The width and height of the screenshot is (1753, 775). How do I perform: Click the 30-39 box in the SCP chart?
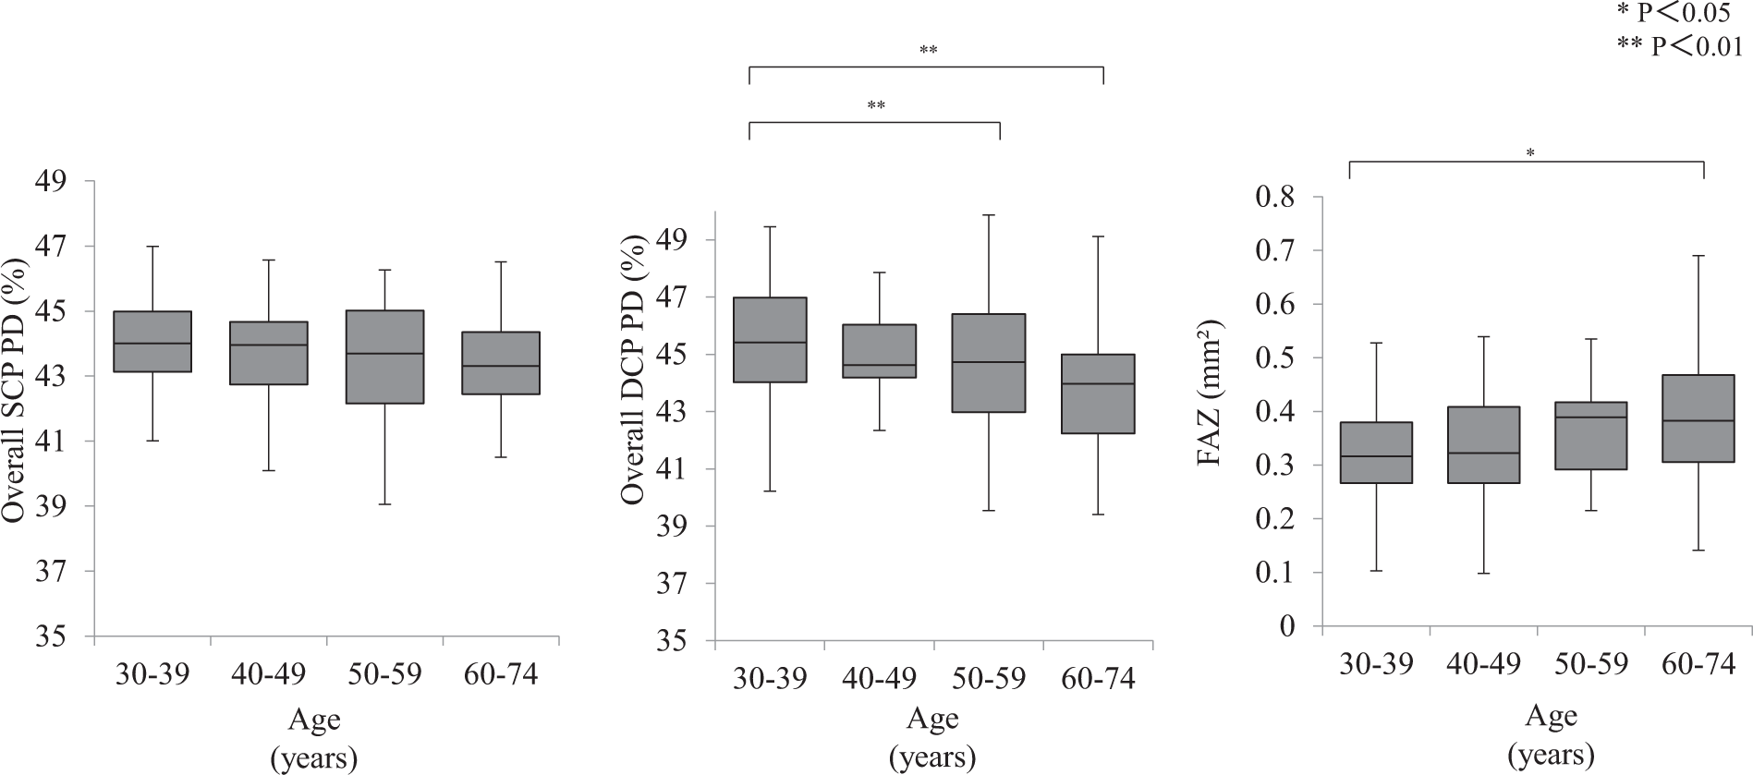coord(152,342)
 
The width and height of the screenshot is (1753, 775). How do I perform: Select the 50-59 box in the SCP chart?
coord(385,357)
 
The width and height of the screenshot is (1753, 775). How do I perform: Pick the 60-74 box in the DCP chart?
coord(1098,394)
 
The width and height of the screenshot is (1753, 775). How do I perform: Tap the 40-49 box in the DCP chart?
coord(879,351)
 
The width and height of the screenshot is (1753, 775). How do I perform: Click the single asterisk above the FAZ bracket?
coord(1530,153)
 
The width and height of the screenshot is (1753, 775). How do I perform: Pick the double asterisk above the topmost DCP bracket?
coord(928,51)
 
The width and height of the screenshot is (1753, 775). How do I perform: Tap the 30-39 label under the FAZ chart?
coord(1376,665)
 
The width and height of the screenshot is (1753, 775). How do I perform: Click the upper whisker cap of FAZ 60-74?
coord(1698,256)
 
